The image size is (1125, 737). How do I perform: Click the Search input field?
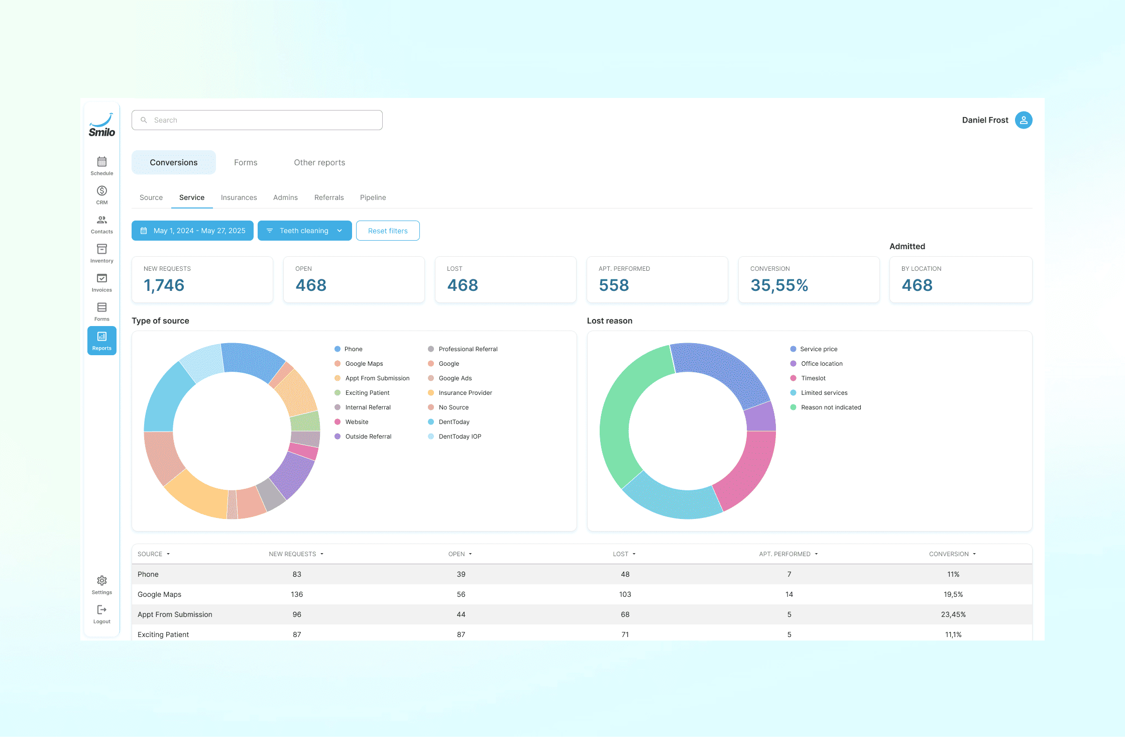pos(257,120)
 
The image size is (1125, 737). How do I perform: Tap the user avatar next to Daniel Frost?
pos(1023,120)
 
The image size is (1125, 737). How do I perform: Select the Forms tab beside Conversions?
pos(245,162)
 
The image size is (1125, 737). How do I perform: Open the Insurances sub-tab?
pos(239,197)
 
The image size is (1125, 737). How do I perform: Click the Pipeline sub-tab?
pos(373,197)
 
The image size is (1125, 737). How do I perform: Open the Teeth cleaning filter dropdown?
pos(304,231)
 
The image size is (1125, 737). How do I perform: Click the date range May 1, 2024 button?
pos(192,231)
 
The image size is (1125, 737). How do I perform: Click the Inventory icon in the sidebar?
pos(101,253)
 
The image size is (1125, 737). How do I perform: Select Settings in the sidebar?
pos(101,584)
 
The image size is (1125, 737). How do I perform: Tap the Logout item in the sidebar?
pos(101,613)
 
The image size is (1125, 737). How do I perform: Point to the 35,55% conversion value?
pos(779,285)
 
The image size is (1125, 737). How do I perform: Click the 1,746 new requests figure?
pos(164,285)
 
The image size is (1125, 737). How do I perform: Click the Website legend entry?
pos(357,422)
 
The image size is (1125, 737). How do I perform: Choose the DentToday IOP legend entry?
pos(460,437)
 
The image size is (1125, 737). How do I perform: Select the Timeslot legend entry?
pos(813,378)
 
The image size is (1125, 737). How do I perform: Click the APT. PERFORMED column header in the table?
pos(784,554)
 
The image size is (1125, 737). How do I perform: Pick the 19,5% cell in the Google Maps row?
pos(953,594)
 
